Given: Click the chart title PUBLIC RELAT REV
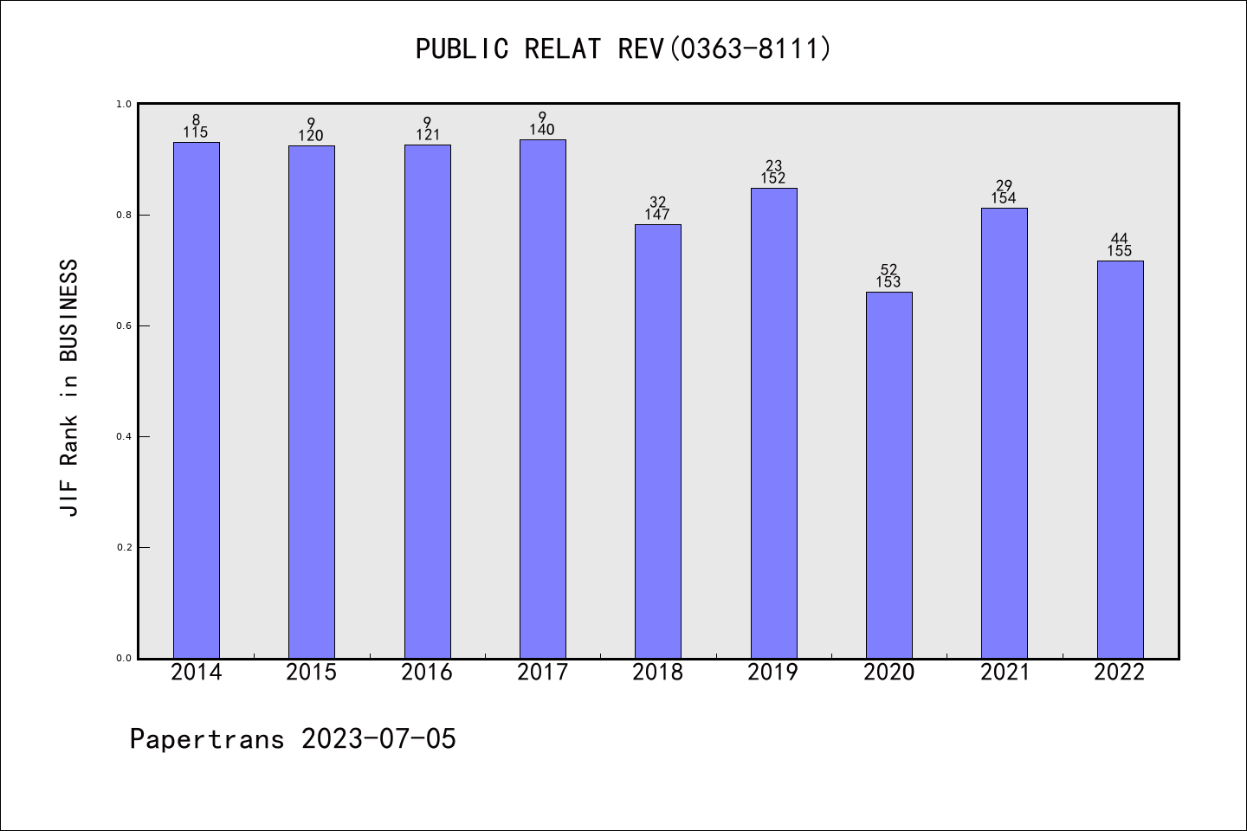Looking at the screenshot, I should [x=623, y=48].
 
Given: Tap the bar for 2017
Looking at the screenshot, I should [x=543, y=398].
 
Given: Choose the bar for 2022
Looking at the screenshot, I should [x=1120, y=459].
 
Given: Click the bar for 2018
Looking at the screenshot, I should [x=658, y=441].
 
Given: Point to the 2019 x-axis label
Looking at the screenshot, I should [x=773, y=673].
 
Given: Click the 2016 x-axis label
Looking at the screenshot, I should [x=427, y=673].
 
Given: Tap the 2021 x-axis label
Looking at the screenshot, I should [x=1005, y=673].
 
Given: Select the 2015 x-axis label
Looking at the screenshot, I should [x=312, y=673].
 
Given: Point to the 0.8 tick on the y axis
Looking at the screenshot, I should [x=123, y=215].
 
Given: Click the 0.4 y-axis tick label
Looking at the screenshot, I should [x=123, y=436].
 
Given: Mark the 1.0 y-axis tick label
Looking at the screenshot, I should [x=123, y=104].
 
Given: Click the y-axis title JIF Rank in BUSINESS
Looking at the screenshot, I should [x=69, y=388].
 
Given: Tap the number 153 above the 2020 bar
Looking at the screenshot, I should [x=888, y=282].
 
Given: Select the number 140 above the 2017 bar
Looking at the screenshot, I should [x=542, y=130].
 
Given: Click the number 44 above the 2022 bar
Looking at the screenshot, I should [x=1120, y=239].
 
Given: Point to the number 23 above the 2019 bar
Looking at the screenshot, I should [x=773, y=166].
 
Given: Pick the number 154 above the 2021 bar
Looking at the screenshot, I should [x=1004, y=198].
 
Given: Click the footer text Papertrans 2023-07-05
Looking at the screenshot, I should [x=293, y=739].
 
